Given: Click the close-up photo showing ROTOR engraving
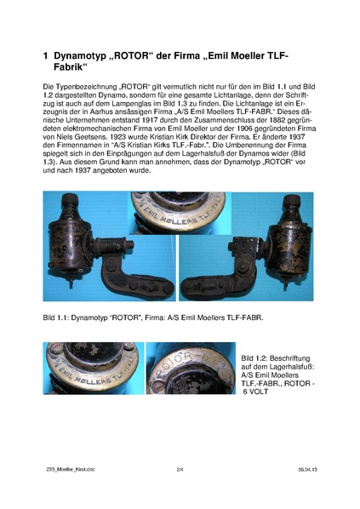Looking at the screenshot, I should [189, 373].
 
